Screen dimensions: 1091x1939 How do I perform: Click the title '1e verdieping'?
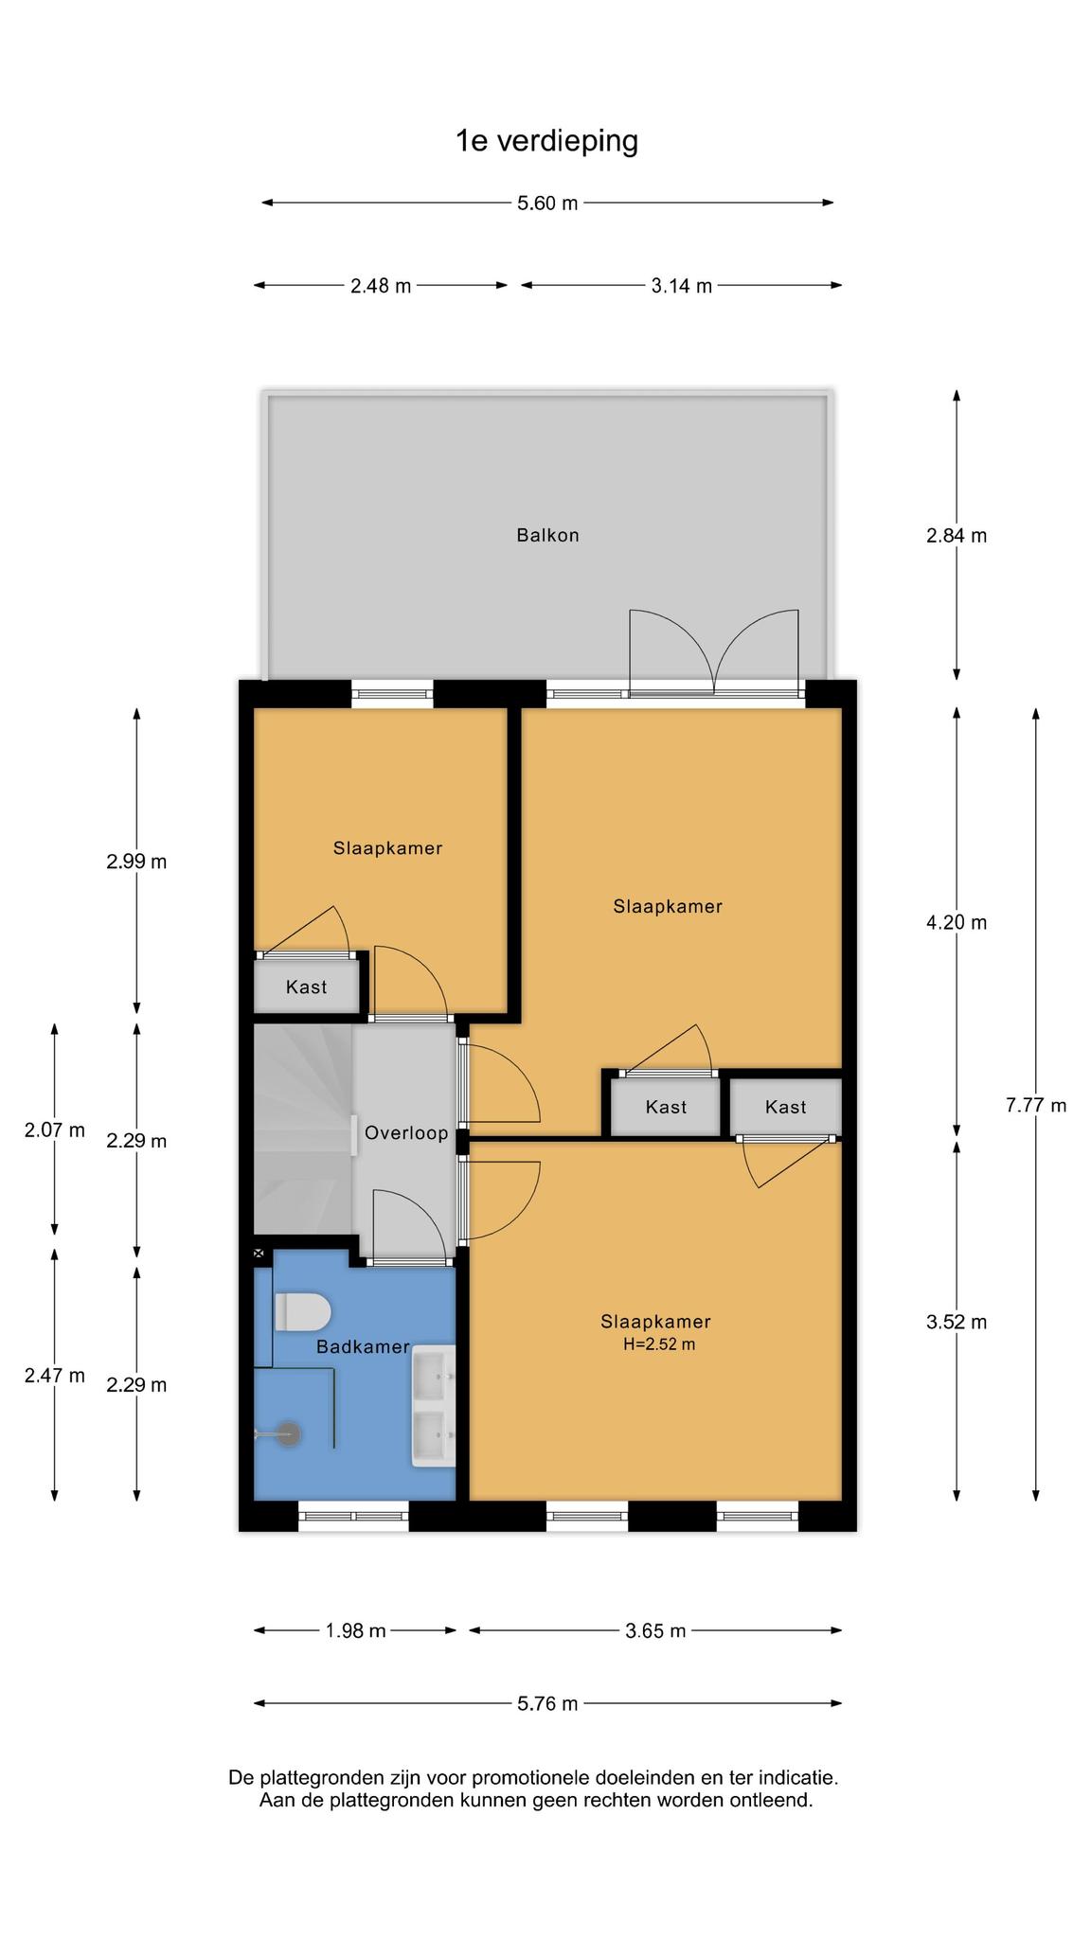coord(546,141)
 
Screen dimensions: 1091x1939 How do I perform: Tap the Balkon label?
coord(547,535)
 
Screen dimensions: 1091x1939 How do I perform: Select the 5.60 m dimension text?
coord(547,203)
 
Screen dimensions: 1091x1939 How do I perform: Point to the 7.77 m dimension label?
coord(1036,1105)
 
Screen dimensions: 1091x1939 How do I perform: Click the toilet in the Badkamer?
coord(302,1312)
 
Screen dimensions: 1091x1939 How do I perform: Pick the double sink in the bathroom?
coord(433,1406)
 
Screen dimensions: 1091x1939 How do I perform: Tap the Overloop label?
coord(406,1132)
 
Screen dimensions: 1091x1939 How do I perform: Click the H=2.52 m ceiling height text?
coord(659,1343)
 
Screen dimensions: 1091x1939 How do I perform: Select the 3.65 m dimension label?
coord(655,1630)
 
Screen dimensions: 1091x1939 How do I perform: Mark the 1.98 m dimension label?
coord(355,1630)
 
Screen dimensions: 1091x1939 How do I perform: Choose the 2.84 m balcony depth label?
coord(957,536)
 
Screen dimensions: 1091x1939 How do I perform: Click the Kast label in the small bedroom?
coord(306,987)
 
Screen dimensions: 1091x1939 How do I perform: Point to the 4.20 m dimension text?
coord(957,922)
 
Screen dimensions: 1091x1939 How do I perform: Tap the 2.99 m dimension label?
coord(136,862)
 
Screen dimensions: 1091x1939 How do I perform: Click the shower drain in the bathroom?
coord(289,1434)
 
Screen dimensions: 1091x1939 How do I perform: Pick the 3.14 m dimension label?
coord(681,286)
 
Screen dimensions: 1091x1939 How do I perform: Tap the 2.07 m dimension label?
coord(55,1130)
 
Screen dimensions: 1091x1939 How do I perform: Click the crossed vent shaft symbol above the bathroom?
coord(259,1254)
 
